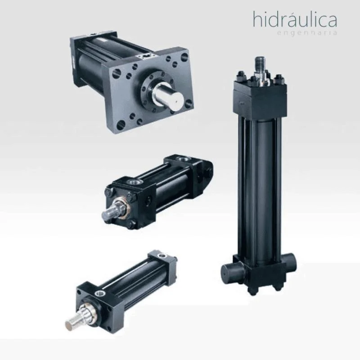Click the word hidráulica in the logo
pyautogui.click(x=295, y=19)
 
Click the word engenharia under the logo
pyautogui.click(x=307, y=32)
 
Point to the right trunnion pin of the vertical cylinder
pyautogui.click(x=290, y=265)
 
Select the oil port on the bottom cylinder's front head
pyautogui.click(x=100, y=292)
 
